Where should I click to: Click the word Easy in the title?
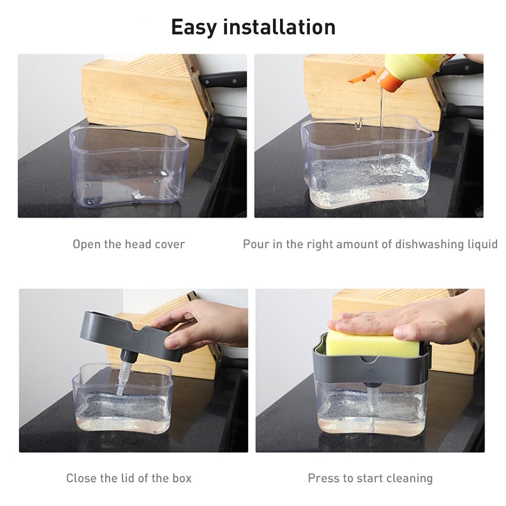(195, 27)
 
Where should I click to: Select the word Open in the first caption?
(86, 245)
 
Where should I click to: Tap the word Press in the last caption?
(323, 478)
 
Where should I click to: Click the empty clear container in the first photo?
(128, 167)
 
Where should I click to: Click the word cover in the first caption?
(169, 245)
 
